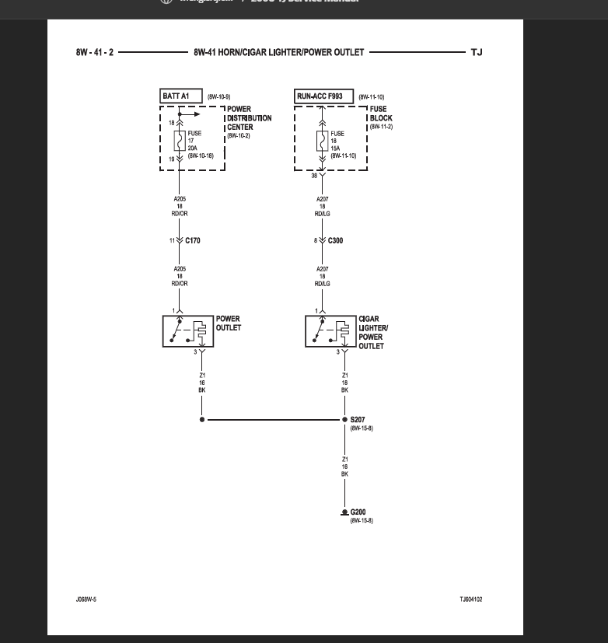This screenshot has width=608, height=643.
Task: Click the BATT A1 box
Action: (x=180, y=96)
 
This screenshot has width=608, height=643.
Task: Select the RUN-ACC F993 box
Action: (x=324, y=96)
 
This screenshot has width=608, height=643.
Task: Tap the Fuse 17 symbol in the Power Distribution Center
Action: (x=179, y=141)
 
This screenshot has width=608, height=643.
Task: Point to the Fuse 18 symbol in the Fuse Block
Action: (x=322, y=141)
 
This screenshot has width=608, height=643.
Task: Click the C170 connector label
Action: (x=193, y=241)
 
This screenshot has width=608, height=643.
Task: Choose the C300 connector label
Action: (x=335, y=241)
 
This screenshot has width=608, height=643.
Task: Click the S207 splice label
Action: (x=358, y=420)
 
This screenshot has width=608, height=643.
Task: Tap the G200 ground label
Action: (x=358, y=512)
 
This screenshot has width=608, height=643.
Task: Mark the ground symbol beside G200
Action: (x=344, y=513)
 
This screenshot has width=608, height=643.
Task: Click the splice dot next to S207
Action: (x=344, y=420)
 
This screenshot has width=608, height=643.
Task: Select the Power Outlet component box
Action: (x=187, y=332)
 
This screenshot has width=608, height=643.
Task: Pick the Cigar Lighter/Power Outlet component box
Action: (x=330, y=332)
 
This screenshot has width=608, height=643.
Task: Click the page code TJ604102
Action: (x=470, y=599)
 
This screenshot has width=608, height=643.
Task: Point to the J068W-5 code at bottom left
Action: (x=86, y=599)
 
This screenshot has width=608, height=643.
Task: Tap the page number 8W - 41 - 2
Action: (x=94, y=53)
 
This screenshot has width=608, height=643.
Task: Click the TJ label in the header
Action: (x=477, y=53)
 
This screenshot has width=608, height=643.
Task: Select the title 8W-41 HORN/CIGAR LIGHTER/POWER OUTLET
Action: (x=278, y=53)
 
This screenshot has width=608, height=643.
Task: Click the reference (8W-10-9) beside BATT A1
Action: (x=218, y=97)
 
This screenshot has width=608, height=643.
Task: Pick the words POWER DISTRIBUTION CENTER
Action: (x=249, y=118)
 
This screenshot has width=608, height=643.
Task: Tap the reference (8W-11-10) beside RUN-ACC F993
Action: (x=372, y=97)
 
